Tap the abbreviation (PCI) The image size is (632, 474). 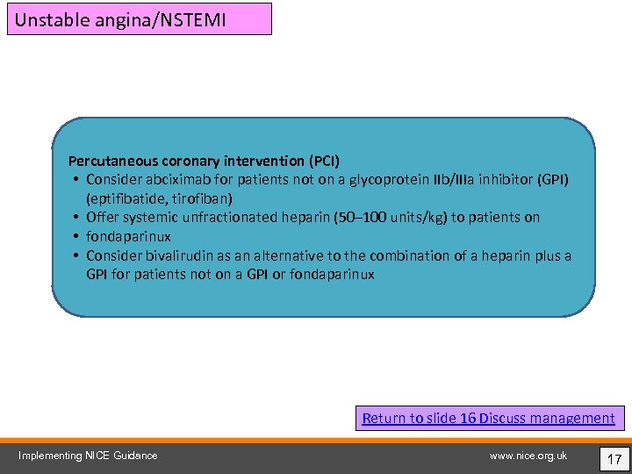tap(324, 161)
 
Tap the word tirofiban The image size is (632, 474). tap(203, 198)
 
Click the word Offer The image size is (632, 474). tap(103, 217)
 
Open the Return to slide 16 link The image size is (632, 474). tap(488, 418)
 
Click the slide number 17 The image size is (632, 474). tap(614, 456)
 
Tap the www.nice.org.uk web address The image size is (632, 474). tap(528, 455)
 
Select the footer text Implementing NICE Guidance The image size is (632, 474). tap(89, 455)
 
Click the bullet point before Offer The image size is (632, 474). tap(77, 218)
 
